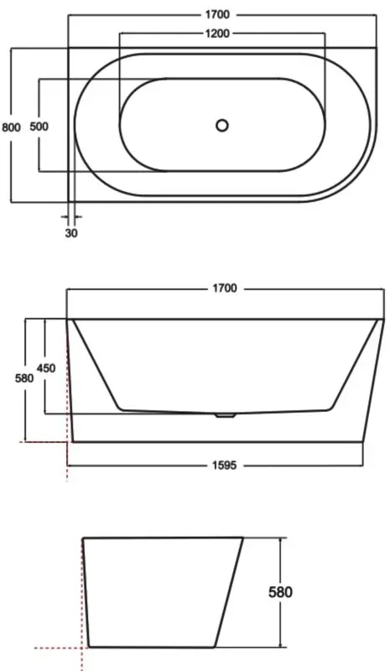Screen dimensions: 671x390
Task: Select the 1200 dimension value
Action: (x=221, y=34)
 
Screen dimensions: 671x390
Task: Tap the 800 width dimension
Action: (x=10, y=127)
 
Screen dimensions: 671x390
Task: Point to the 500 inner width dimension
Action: (x=39, y=127)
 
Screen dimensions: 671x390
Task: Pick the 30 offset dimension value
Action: (x=71, y=233)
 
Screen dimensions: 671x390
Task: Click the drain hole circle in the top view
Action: (x=221, y=126)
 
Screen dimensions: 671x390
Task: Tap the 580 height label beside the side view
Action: (x=25, y=378)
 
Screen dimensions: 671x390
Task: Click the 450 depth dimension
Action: (x=46, y=368)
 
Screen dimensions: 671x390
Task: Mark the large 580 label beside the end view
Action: (x=280, y=592)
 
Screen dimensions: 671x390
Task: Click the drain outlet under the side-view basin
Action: (x=223, y=414)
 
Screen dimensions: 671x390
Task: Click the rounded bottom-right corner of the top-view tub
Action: (x=352, y=180)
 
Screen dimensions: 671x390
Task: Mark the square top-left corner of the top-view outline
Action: (x=69, y=49)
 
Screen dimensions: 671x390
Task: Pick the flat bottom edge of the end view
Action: (x=151, y=648)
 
